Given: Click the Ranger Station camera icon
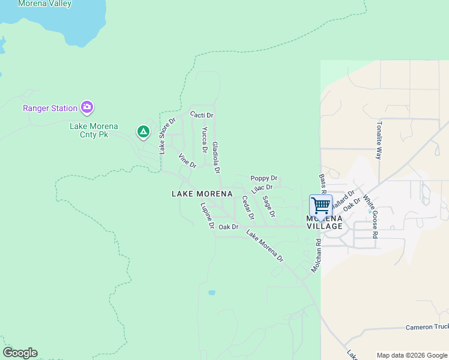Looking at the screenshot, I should [x=87, y=108].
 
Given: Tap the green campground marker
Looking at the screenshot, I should [x=143, y=131].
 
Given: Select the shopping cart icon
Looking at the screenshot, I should [x=321, y=205].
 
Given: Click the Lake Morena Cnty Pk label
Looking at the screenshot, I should [x=94, y=130].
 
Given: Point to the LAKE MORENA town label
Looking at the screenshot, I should [x=202, y=194].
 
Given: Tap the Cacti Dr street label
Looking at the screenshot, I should [x=202, y=115].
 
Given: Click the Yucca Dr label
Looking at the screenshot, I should [x=205, y=139].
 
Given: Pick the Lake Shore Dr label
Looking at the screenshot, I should [x=166, y=136].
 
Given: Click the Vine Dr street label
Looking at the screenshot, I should [x=187, y=160].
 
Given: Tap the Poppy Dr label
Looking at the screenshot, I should [x=264, y=178].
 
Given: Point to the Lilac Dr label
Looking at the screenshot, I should [x=262, y=188].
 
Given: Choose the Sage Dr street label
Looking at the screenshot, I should [x=269, y=206].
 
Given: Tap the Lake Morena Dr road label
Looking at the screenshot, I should [x=264, y=247].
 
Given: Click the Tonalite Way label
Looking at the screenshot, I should [x=379, y=140].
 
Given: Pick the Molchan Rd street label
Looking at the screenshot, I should [x=316, y=254].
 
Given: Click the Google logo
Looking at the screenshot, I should [x=20, y=353].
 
